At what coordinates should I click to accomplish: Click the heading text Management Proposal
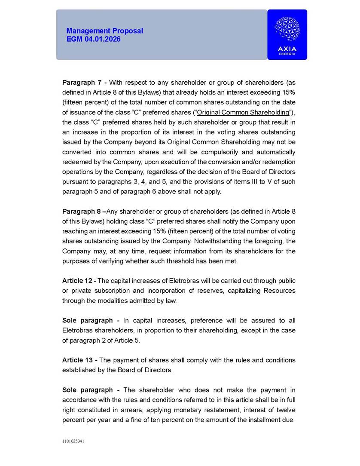pos(105,31)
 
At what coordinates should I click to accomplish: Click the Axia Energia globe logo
pos(287,30)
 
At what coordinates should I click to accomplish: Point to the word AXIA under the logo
pos(287,49)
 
